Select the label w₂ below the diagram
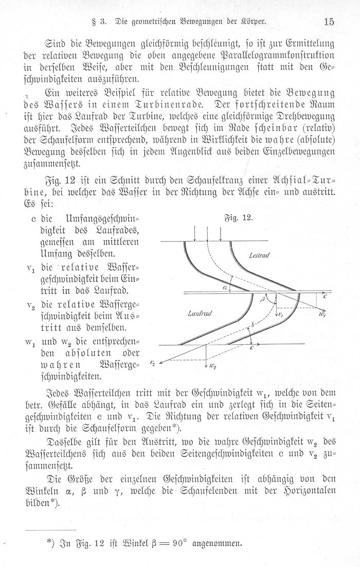(x=213, y=366)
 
